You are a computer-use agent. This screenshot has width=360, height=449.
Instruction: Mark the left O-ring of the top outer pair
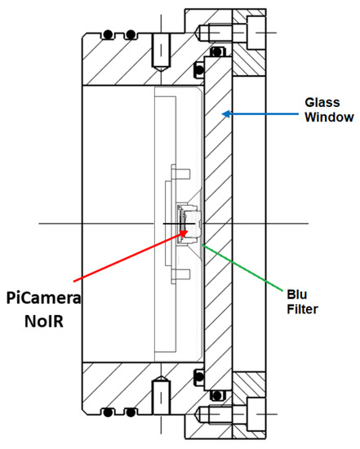click(107, 35)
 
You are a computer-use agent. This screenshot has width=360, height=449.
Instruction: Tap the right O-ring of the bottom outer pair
click(130, 411)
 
